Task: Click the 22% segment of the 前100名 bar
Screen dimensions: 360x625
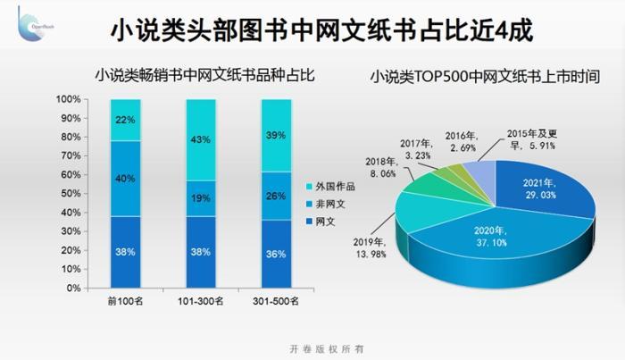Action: pyautogui.click(x=125, y=120)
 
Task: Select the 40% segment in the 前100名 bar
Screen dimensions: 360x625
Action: pyautogui.click(x=125, y=178)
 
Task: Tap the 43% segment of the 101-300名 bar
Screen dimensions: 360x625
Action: pyautogui.click(x=201, y=139)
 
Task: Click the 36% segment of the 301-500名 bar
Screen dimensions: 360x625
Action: pyautogui.click(x=276, y=254)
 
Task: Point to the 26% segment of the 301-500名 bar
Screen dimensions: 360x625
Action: pyautogui.click(x=276, y=196)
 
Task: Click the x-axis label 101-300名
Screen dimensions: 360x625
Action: pyautogui.click(x=201, y=300)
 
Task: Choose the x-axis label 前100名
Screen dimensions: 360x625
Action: pyautogui.click(x=125, y=300)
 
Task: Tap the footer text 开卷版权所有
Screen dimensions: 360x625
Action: pyautogui.click(x=312, y=347)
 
